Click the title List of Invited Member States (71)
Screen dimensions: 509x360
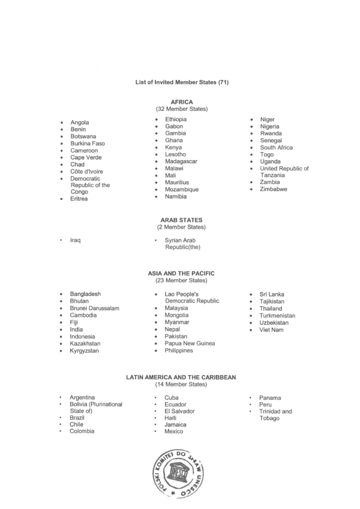(181, 82)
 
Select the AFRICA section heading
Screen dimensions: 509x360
(181, 102)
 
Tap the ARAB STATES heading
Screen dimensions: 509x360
(181, 220)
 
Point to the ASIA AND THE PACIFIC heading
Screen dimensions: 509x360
(181, 273)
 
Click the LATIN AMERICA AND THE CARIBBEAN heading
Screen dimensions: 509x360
(181, 377)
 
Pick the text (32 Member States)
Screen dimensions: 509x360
(181, 109)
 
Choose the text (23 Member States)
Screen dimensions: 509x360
(181, 280)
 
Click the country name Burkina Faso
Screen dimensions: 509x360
(87, 143)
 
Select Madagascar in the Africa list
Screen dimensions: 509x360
(181, 161)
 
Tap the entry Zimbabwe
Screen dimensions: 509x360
(273, 189)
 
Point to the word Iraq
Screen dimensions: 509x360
(75, 240)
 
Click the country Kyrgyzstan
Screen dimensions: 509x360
(84, 351)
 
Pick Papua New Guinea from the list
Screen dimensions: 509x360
(190, 343)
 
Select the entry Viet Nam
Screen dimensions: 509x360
(271, 330)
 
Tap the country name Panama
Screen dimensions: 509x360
(270, 397)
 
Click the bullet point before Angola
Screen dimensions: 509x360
(61, 122)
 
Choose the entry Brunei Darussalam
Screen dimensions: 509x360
(94, 308)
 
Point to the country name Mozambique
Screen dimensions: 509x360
(182, 189)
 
